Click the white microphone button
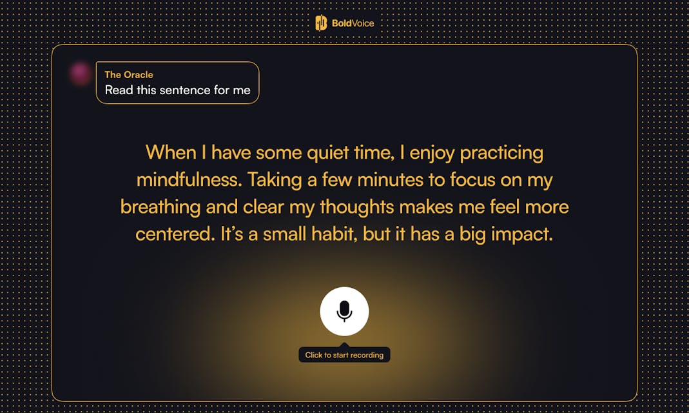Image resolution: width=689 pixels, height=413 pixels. pos(344,311)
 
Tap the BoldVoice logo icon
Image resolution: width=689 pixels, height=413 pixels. pos(321,23)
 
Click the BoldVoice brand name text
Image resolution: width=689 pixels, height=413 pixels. pos(353,23)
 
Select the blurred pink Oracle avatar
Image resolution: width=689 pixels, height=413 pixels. pos(81,73)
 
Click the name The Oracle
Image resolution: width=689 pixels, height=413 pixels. pos(129,75)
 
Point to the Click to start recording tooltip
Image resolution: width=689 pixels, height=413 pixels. pos(344,354)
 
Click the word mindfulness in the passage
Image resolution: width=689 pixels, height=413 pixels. pos(189,180)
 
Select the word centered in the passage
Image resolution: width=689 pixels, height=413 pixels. pos(175,234)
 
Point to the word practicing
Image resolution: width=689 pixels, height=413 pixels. pos(501,153)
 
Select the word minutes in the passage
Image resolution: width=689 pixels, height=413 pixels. pos(395,180)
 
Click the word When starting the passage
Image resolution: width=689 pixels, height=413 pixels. pos(171,153)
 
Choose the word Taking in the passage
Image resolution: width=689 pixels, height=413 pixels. pos(275,180)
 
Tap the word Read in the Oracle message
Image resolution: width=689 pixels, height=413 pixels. pos(119,90)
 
